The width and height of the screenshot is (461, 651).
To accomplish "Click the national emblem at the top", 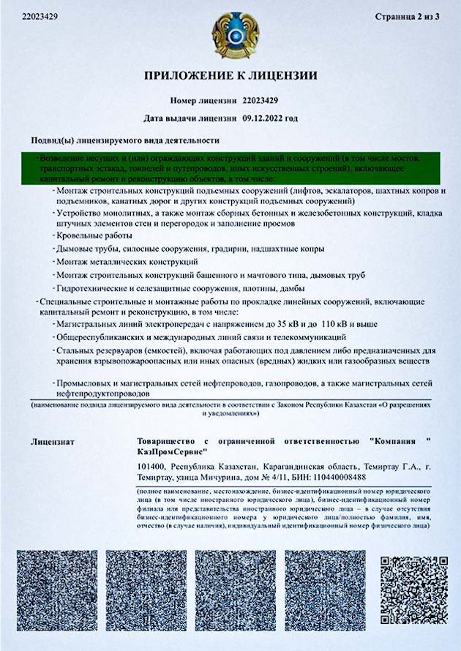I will click(230, 34).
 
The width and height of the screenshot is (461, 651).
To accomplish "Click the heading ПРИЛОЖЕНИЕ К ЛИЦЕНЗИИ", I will click(230, 75).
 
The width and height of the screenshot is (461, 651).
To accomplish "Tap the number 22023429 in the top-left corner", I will click(33, 16).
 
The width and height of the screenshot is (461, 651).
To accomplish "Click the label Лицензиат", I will click(53, 442).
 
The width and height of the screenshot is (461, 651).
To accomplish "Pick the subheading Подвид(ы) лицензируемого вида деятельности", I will click(124, 140).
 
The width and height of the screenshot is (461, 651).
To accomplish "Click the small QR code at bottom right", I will click(413, 590).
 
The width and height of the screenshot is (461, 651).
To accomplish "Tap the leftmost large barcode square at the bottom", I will click(56, 591).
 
